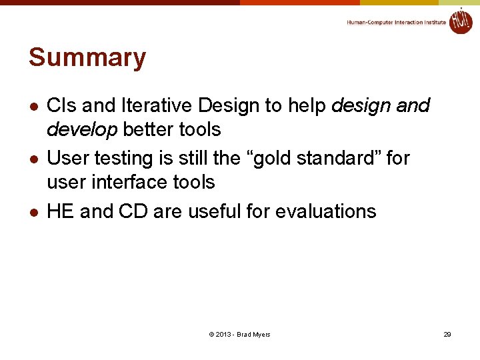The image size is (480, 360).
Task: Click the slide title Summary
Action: point(87,58)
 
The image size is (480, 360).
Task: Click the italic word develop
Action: point(81,129)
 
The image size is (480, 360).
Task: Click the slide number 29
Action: point(447,334)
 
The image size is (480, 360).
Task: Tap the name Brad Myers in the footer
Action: point(253,334)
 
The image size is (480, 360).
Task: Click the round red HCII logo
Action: point(460,21)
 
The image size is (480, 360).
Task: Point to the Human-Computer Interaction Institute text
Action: point(396,23)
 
